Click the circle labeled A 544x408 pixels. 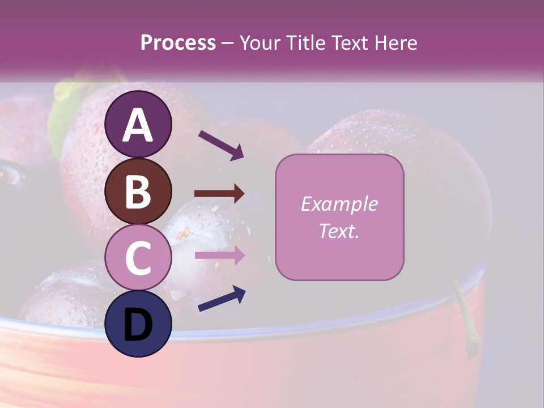(138, 124)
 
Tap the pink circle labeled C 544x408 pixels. (138, 258)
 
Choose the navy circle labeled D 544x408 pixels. (138, 324)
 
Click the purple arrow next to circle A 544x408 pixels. (220, 144)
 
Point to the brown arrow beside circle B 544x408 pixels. (219, 194)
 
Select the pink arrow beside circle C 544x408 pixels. (219, 255)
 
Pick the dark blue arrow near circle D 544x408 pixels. (221, 299)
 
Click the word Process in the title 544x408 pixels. (178, 42)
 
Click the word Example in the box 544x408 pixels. (339, 204)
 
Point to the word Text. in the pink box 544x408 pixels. (339, 231)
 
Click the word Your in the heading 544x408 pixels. (258, 42)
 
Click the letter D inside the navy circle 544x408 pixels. (138, 325)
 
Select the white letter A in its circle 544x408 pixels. (138, 125)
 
